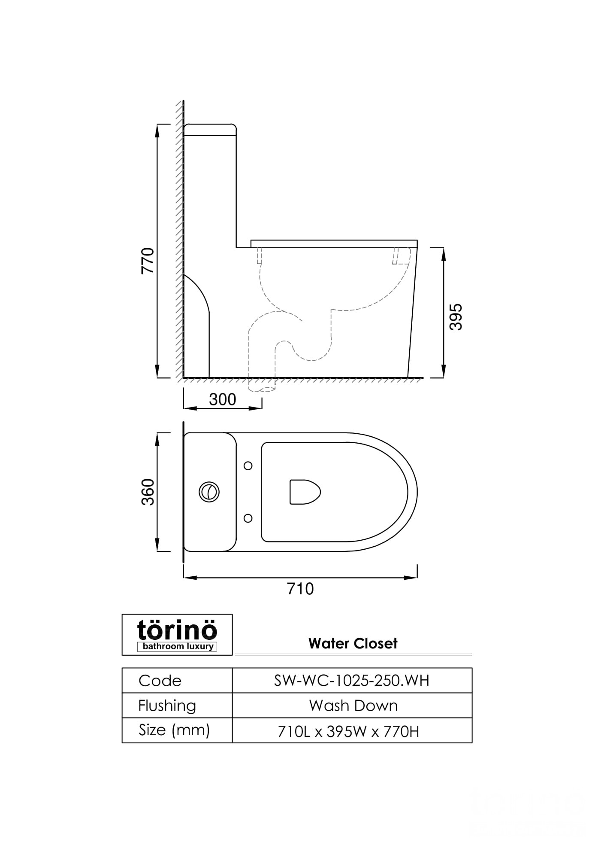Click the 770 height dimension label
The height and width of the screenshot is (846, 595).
click(148, 261)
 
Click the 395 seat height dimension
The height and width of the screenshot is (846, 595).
click(456, 317)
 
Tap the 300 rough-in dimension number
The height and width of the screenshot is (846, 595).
click(223, 400)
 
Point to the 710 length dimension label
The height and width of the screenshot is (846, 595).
click(300, 589)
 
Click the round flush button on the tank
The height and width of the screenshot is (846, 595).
click(209, 492)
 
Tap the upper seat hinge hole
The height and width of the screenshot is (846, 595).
click(248, 466)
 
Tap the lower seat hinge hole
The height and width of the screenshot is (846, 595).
click(248, 518)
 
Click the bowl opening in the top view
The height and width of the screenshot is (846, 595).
click(305, 492)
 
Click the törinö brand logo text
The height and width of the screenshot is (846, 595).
click(177, 630)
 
